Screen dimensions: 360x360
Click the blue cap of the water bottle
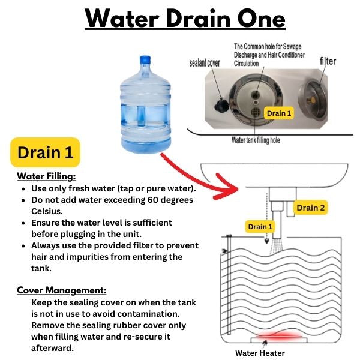[145, 59]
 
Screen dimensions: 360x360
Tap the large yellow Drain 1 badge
[45, 152]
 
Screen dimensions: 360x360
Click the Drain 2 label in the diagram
[310, 208]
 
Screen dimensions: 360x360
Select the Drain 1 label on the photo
[279, 113]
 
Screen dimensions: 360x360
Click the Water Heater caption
[260, 353]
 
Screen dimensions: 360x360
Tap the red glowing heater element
[278, 335]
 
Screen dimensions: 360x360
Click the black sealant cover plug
[221, 106]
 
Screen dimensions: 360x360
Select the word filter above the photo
[328, 61]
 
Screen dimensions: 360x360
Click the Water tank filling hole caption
[256, 140]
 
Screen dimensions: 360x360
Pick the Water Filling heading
[46, 176]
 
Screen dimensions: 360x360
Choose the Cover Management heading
[62, 290]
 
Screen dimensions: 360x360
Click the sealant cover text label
[205, 62]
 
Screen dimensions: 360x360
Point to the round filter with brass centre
[313, 99]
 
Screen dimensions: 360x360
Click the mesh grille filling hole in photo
[256, 112]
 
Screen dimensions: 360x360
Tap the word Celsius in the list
[47, 211]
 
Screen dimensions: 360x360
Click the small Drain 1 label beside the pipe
[260, 227]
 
